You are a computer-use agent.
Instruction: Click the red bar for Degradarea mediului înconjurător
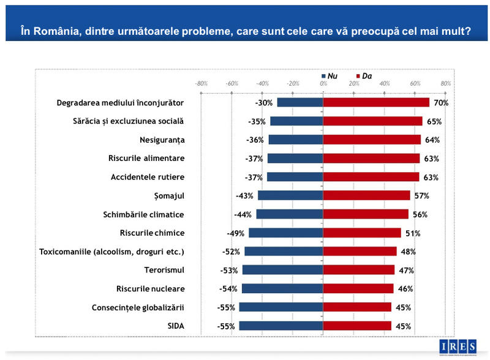pyautogui.click(x=376, y=102)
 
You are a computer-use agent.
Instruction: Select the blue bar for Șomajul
pyautogui.click(x=290, y=195)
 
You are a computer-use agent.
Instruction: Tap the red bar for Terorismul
pyautogui.click(x=358, y=270)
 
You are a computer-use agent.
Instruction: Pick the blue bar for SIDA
pyautogui.click(x=281, y=326)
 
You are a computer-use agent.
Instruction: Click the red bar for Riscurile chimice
pyautogui.click(x=361, y=233)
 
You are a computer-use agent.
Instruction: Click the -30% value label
pyautogui.click(x=264, y=103)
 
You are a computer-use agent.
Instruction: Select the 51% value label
pyautogui.click(x=413, y=233)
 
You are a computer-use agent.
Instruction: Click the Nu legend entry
pyautogui.click(x=330, y=76)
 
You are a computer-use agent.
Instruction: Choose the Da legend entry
pyautogui.click(x=364, y=76)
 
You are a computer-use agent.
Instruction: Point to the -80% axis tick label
pyautogui.click(x=201, y=83)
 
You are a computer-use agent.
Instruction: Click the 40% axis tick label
pyautogui.click(x=385, y=83)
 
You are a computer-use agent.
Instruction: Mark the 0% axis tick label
pyautogui.click(x=323, y=83)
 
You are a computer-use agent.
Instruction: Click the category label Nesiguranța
pyautogui.click(x=162, y=140)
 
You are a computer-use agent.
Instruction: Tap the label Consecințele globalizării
pyautogui.click(x=138, y=307)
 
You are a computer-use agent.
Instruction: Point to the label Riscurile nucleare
pyautogui.click(x=150, y=288)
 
